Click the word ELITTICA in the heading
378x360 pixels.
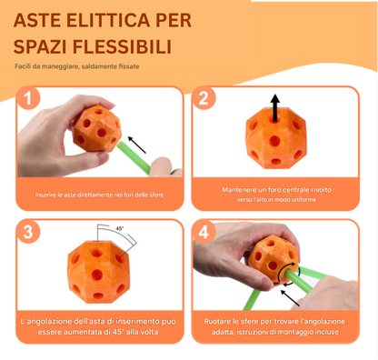[126, 19]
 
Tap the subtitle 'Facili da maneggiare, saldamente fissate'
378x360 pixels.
[77, 67]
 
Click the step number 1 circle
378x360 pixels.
[32, 98]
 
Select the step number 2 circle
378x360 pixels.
[205, 98]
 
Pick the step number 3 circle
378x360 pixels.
[32, 232]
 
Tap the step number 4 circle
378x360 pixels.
[205, 232]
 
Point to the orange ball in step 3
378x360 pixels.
[97, 272]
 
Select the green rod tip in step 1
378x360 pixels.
[153, 165]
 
